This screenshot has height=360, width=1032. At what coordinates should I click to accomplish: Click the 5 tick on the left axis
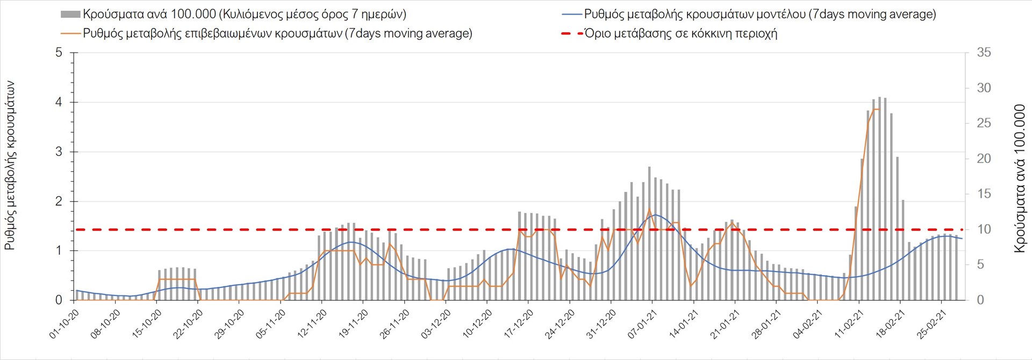coord(59,53)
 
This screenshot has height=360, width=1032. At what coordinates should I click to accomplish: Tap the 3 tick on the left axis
coord(59,152)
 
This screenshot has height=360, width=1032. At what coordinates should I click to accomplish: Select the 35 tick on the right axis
coord(984,53)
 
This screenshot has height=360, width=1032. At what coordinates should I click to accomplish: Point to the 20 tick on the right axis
coord(984,159)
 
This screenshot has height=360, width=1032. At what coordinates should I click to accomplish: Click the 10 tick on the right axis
coord(984,229)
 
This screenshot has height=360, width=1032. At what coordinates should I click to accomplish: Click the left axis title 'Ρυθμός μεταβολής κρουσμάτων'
coord(10,165)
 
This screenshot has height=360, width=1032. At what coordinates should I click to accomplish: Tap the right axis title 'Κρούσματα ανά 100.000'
coord(1020,178)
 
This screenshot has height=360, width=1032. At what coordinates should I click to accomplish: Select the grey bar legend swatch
coord(70,15)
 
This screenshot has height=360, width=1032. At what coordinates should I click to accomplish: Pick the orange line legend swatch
coord(70,33)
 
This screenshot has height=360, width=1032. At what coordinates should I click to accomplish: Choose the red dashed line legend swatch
coord(572,33)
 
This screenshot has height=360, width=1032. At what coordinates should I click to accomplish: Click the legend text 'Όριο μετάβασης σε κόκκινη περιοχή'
coord(681,33)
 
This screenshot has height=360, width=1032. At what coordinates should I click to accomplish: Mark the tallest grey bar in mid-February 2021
coord(879,199)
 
